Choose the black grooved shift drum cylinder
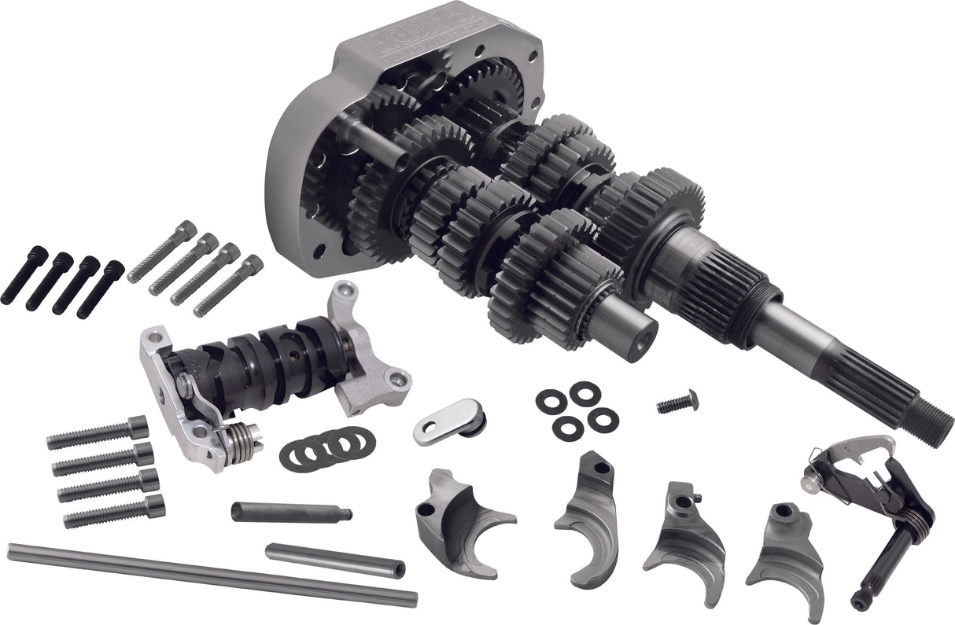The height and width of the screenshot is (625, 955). coord(260,362)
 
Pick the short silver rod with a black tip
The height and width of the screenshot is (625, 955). coord(334,560)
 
